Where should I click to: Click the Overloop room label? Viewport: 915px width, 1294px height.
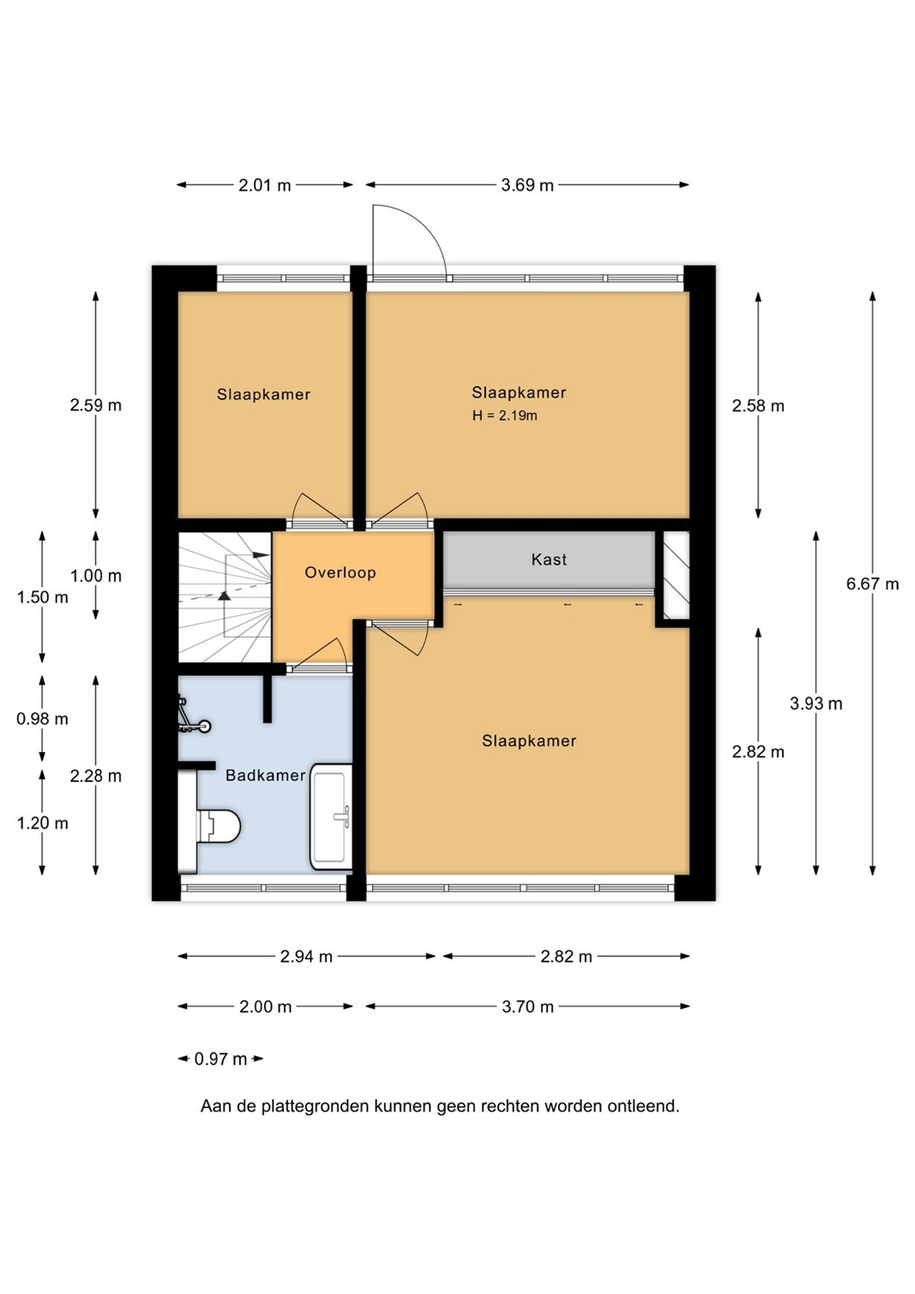[x=341, y=572]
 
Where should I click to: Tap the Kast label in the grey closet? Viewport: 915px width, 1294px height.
[x=549, y=559]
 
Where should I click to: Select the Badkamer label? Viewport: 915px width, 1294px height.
[x=265, y=776]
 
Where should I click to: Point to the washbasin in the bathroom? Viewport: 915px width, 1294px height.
[x=332, y=816]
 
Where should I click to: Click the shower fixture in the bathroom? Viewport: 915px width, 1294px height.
[x=193, y=716]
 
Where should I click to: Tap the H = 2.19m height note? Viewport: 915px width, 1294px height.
[x=504, y=415]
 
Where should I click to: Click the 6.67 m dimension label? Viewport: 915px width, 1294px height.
[x=872, y=584]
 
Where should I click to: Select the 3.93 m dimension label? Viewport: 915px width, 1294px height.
[x=815, y=704]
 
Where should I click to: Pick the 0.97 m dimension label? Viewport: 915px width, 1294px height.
[x=220, y=1059]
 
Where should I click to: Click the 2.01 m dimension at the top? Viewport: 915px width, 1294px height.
[x=264, y=185]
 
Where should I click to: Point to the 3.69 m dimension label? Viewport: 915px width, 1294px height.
[x=527, y=185]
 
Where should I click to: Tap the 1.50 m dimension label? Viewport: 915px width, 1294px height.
[x=42, y=598]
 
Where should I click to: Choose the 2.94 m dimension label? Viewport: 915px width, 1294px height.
[x=306, y=957]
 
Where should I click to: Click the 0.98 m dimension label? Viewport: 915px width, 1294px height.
[x=42, y=719]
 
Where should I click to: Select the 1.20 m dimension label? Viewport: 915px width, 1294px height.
[x=42, y=823]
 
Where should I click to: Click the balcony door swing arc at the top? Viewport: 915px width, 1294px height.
[x=424, y=226]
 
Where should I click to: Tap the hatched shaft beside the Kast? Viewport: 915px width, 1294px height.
[x=676, y=575]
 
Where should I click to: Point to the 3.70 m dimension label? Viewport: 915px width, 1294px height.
[x=528, y=1006]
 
